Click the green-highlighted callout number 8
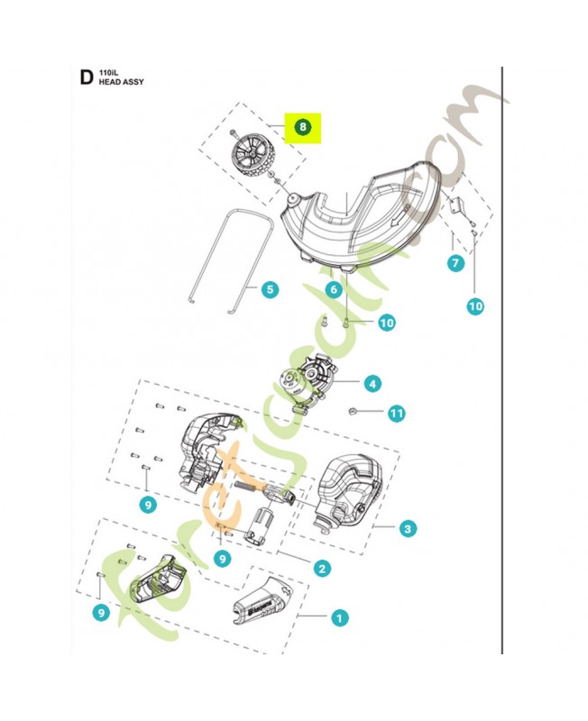click(x=303, y=127)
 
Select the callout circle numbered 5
click(x=270, y=290)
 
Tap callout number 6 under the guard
click(x=333, y=289)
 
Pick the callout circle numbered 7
click(x=456, y=263)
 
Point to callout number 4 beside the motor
click(x=372, y=383)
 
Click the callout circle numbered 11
click(x=396, y=414)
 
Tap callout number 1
click(x=338, y=617)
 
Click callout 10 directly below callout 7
click(x=475, y=306)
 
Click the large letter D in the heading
click(x=86, y=78)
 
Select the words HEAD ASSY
click(x=124, y=82)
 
